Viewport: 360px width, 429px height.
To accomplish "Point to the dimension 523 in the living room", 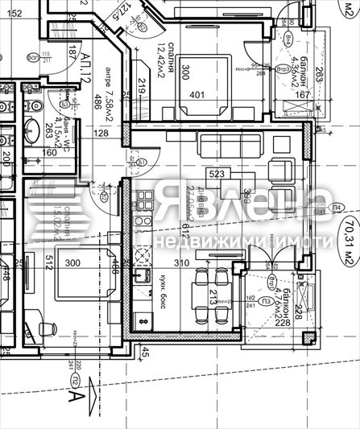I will coord(217,173).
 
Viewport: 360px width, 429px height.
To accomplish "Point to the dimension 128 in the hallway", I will coord(102,134).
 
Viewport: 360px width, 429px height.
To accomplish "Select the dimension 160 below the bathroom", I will coord(49,151).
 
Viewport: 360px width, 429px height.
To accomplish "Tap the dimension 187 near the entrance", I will coord(72,53).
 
